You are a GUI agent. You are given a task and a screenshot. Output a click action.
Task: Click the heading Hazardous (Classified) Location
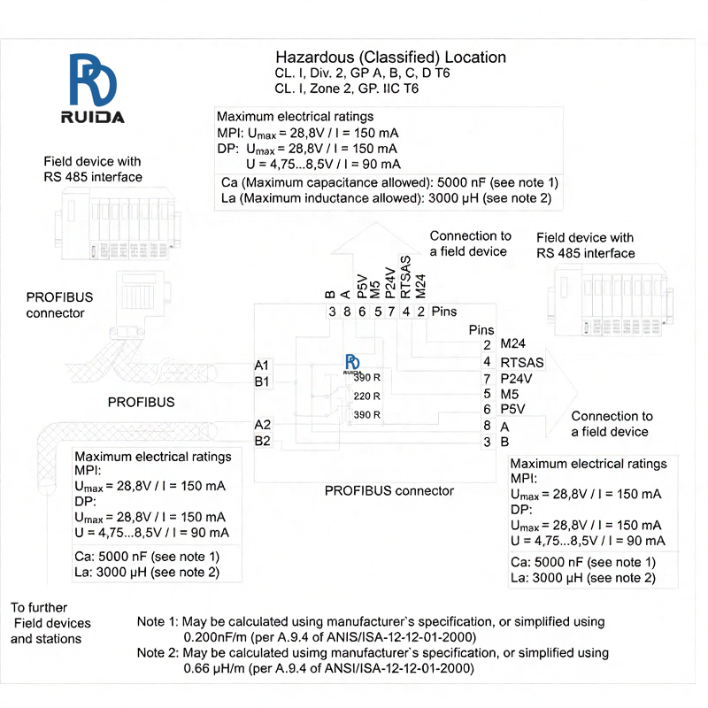(390, 58)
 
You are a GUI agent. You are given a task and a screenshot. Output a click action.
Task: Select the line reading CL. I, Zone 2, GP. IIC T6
(347, 88)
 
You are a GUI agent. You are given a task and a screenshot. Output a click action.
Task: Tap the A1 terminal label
(262, 365)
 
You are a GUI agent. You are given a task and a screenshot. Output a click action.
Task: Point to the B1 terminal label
(262, 381)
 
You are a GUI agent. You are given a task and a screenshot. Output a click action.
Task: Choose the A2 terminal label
(262, 424)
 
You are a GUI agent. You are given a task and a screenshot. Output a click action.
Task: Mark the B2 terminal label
(262, 441)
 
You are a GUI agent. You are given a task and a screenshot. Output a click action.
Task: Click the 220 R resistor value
(366, 396)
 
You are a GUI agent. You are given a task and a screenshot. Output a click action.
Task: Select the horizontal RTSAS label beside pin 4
(522, 361)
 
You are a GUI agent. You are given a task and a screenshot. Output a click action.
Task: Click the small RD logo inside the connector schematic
(353, 364)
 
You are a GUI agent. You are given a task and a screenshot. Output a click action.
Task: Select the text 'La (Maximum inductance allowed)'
(320, 198)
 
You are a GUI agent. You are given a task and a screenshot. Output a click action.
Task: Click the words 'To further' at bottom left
(39, 608)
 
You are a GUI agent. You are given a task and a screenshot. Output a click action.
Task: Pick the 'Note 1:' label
(158, 622)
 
